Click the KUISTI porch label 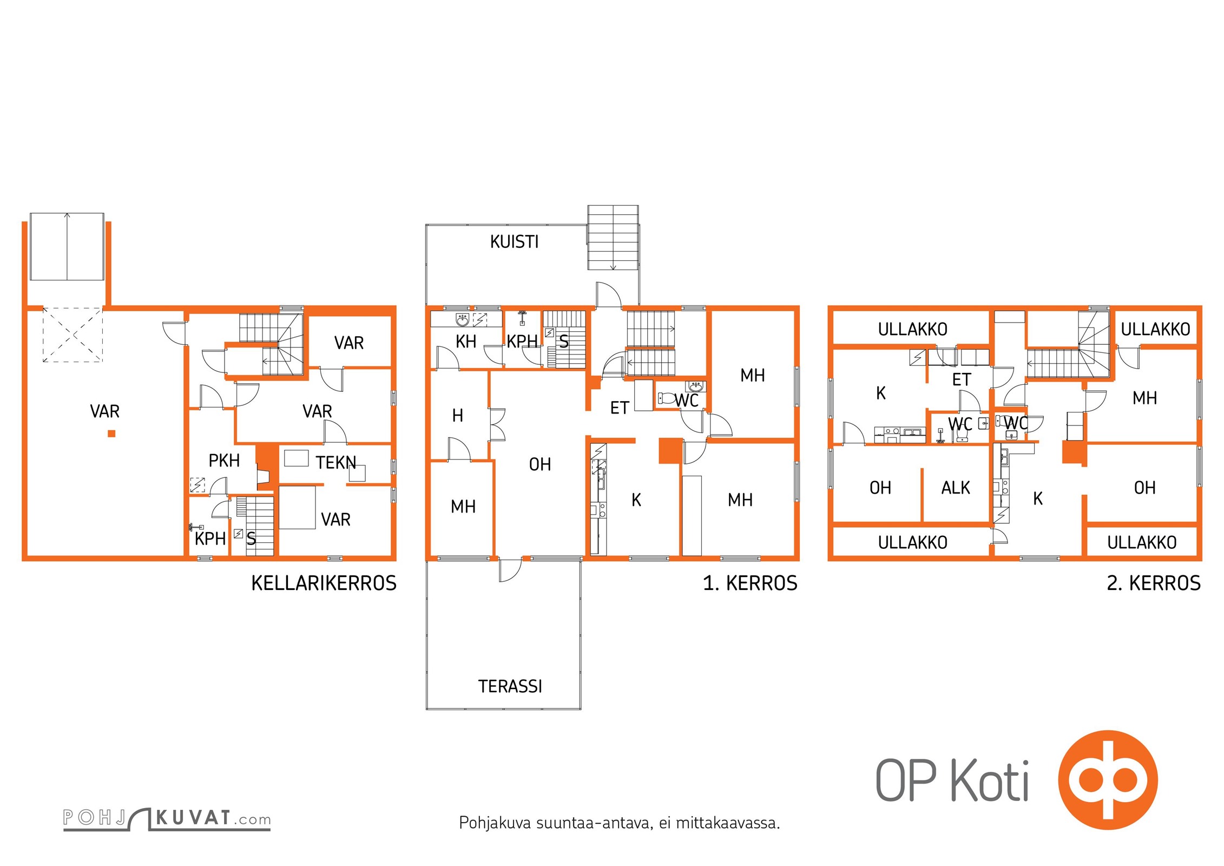coord(514,241)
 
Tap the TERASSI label coord(510,686)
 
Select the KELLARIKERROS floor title coord(324,583)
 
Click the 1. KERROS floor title coord(750,583)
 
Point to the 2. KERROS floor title coord(1154,583)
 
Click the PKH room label coord(224,461)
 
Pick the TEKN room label coord(336,463)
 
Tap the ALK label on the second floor coord(956,488)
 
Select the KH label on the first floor coord(466,342)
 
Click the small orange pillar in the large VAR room coord(111,433)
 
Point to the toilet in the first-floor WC coord(666,399)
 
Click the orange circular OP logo coord(1108,780)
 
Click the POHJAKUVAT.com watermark coord(167,819)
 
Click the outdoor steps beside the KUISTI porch coord(613,238)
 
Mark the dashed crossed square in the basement coord(73,334)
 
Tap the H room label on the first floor coord(458,416)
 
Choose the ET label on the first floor coord(620,408)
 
